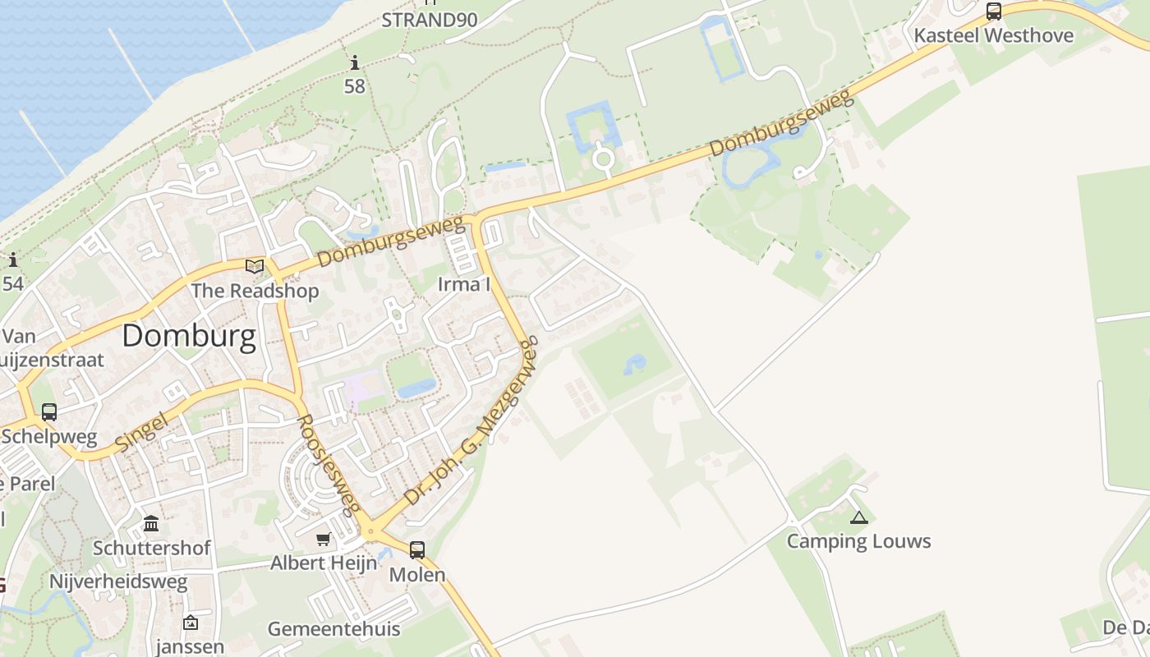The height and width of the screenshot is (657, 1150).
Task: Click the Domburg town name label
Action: click(x=189, y=337)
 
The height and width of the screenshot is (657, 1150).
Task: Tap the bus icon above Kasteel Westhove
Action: click(x=993, y=11)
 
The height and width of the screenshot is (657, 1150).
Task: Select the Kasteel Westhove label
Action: click(x=993, y=35)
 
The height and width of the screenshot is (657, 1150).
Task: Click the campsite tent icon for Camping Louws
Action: click(x=858, y=517)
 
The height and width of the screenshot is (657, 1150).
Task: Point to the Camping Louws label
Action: click(x=858, y=541)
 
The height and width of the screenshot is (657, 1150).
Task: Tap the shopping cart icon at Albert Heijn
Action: click(x=324, y=540)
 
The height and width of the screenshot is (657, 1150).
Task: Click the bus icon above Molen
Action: click(x=417, y=550)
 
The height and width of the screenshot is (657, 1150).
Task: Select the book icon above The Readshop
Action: click(x=255, y=266)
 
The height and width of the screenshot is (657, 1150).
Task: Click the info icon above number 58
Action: click(x=355, y=62)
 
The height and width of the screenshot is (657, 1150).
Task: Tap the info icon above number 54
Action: click(x=13, y=260)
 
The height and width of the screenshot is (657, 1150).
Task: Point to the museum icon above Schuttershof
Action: click(x=151, y=523)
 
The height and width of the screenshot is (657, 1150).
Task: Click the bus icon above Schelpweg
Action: click(x=49, y=412)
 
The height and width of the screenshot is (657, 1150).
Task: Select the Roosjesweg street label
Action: click(x=328, y=464)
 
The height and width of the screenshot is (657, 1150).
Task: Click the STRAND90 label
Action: click(x=429, y=20)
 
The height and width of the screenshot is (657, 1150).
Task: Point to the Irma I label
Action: click(x=463, y=285)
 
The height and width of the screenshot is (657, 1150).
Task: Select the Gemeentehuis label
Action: click(x=333, y=630)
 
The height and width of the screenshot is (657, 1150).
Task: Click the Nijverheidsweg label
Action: click(x=118, y=582)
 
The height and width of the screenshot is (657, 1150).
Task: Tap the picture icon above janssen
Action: click(x=191, y=623)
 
